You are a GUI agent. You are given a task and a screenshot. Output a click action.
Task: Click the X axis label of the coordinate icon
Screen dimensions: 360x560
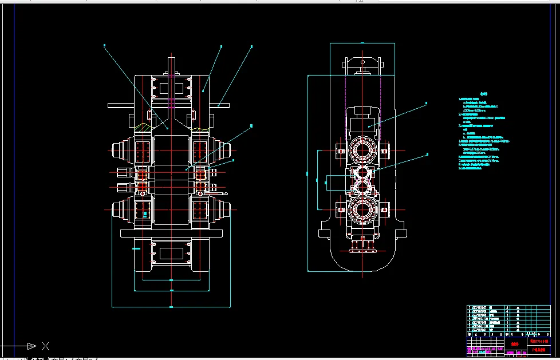pyautogui.click(x=46, y=346)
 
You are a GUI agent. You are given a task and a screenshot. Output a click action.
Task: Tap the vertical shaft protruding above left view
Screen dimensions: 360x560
pyautogui.click(x=171, y=66)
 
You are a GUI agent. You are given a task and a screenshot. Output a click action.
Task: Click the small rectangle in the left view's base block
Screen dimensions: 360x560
pyautogui.click(x=171, y=252)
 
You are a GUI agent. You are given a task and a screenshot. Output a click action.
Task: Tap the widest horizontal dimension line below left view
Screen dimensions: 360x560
pyautogui.click(x=171, y=307)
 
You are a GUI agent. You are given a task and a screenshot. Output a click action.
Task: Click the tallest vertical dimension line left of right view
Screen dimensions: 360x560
pyautogui.click(x=307, y=172)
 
